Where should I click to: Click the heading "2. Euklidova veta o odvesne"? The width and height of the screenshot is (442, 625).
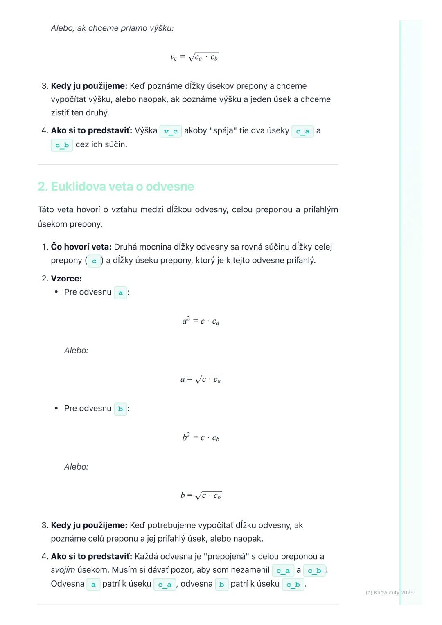point(115,187)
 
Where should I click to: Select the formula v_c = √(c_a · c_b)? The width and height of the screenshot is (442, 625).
point(194,57)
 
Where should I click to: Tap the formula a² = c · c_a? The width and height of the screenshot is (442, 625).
point(201,321)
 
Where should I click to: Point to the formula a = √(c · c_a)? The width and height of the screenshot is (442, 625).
point(201,380)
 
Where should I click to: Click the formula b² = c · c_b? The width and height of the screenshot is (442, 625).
point(201,438)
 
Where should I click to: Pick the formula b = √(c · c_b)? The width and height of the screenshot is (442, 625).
point(201,496)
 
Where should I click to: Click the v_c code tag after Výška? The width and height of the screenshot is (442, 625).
point(171,131)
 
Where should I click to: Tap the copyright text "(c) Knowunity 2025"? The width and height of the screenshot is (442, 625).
point(389,593)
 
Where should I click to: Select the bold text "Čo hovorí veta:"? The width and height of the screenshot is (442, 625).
point(81,247)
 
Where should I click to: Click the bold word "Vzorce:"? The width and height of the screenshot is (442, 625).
point(66,279)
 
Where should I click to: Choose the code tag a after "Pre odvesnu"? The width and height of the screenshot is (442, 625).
point(120,293)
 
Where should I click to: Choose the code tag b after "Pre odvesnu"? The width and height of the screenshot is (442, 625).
point(120,409)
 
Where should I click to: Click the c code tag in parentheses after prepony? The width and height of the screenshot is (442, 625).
point(94,261)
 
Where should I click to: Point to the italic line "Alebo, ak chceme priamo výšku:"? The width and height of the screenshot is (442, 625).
point(112,28)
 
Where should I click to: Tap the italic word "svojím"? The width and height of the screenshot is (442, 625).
point(63,570)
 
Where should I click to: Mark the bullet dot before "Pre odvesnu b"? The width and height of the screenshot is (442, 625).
point(56,409)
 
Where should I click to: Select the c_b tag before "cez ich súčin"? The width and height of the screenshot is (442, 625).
point(62,145)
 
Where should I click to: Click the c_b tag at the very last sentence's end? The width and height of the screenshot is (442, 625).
point(293,585)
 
